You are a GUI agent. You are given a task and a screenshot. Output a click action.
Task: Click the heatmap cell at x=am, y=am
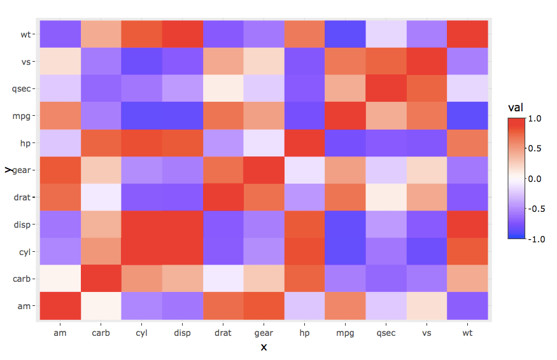[x=60, y=306]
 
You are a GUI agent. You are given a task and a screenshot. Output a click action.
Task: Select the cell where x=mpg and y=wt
[x=346, y=34]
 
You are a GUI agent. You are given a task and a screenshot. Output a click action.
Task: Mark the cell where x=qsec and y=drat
[x=386, y=197]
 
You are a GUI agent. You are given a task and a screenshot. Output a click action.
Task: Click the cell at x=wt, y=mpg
[x=468, y=116]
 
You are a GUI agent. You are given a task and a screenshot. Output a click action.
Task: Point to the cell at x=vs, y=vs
[x=427, y=62]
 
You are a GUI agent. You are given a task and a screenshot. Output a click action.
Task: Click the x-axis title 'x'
[x=264, y=347]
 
